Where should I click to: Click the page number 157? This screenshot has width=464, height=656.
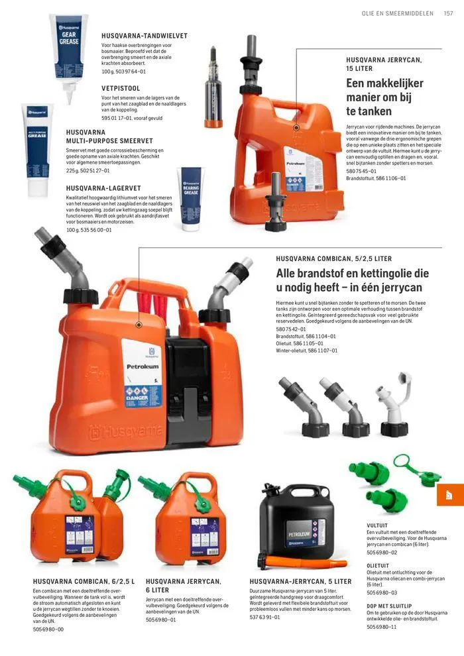448,13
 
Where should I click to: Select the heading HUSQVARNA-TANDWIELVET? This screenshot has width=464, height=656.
144,35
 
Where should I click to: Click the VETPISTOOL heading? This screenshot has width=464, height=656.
121,87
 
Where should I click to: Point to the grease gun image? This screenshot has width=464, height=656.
213,87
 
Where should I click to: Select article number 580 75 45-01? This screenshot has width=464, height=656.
361,171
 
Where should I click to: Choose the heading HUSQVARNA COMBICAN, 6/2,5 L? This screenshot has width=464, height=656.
84,581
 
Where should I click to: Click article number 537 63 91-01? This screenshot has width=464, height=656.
265,617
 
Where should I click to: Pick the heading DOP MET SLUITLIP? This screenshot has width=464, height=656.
389,606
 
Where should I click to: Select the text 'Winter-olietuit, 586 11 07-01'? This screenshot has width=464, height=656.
307,351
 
